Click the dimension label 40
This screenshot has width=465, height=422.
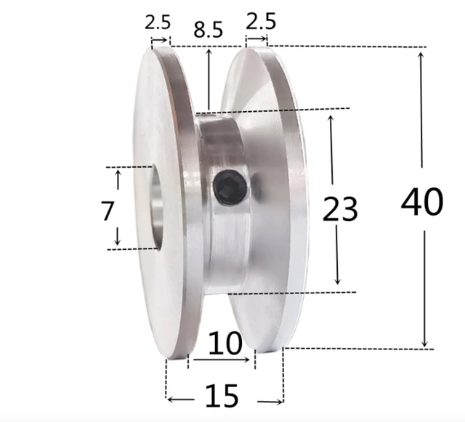pos(421,202)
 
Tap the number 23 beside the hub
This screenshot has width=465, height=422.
pos(340,210)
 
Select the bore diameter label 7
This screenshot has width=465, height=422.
pos(108,211)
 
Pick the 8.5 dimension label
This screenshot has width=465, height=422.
pos(209,30)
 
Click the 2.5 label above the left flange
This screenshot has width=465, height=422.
pos(158,21)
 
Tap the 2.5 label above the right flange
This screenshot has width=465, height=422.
pos(261,21)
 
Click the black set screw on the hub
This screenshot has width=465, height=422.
pos(230,187)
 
